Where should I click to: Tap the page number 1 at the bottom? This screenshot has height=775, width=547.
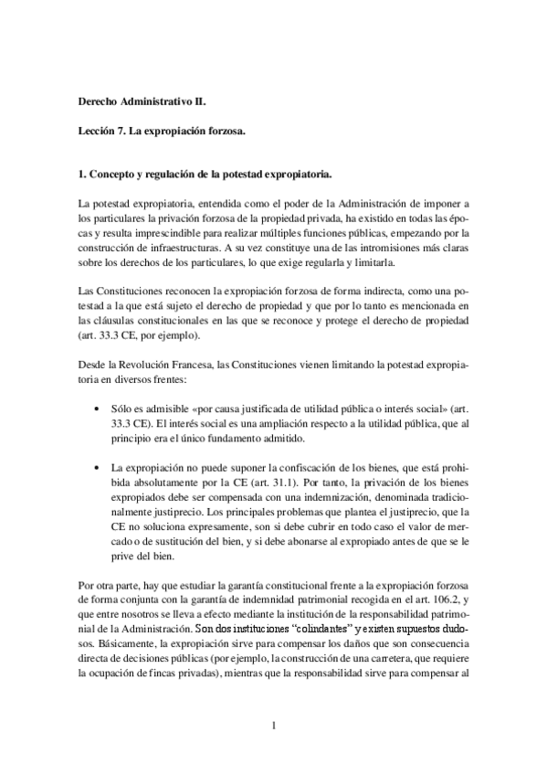click(x=273, y=727)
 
